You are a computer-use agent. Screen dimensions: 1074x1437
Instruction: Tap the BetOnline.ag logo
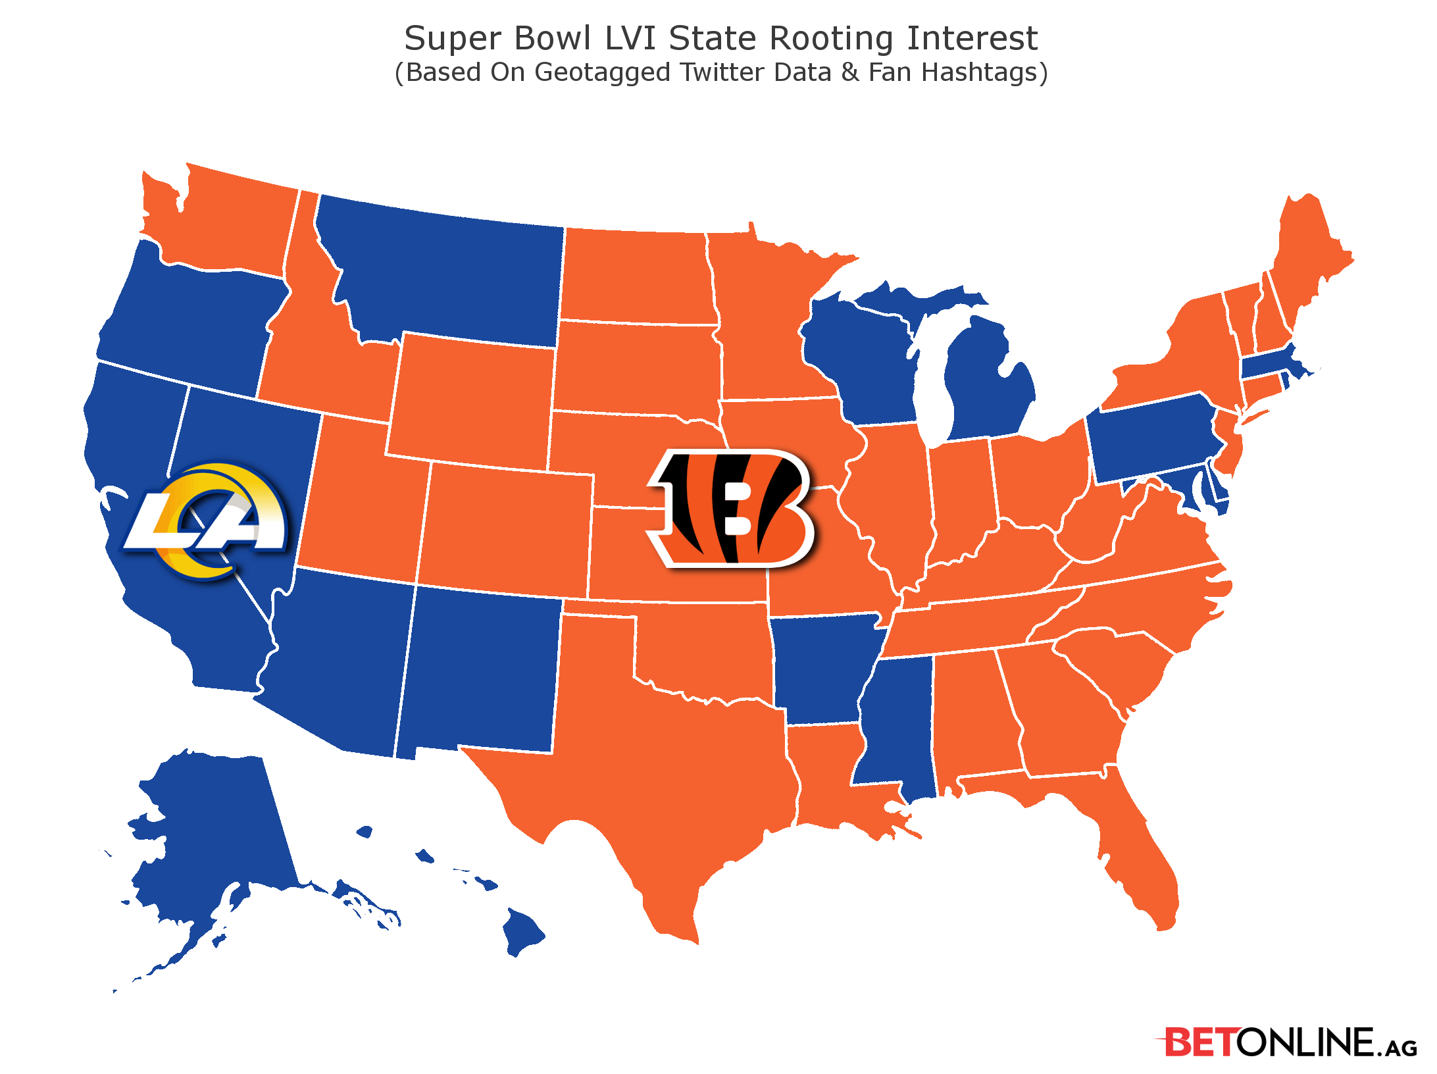pyautogui.click(x=1287, y=1042)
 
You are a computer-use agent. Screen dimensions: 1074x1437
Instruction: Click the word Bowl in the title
pyautogui.click(x=553, y=38)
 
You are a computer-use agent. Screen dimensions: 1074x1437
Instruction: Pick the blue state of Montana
pyautogui.click(x=447, y=270)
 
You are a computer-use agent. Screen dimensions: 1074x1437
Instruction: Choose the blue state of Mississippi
pyautogui.click(x=898, y=724)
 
